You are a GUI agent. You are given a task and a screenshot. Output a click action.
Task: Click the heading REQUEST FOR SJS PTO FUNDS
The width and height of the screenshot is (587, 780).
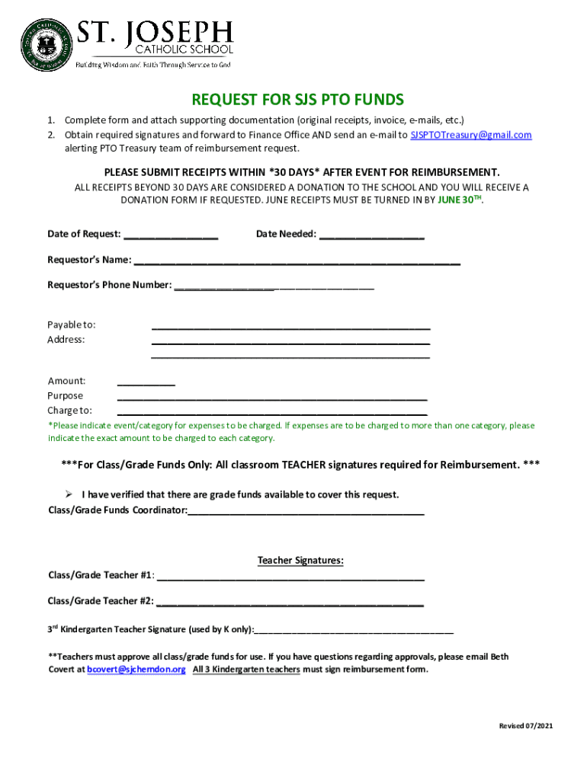coord(297,100)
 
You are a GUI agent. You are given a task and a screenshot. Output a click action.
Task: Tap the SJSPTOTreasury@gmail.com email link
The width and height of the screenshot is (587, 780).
coord(470,135)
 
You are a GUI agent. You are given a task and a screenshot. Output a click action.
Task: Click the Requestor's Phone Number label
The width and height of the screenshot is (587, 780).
coord(110,285)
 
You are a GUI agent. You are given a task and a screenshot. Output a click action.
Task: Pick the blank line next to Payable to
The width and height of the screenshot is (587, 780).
coord(290,327)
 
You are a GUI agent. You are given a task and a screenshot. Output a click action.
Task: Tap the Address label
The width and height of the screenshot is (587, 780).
coord(66,340)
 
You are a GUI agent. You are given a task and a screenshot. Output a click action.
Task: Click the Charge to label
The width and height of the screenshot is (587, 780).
coord(69,411)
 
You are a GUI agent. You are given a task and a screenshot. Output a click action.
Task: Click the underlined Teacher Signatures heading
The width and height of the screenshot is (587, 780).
coord(300,561)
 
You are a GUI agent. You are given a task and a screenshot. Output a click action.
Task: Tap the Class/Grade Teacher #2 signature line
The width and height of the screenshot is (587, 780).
coord(290,603)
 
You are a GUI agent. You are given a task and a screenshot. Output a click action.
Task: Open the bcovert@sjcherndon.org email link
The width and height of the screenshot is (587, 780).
coord(136,670)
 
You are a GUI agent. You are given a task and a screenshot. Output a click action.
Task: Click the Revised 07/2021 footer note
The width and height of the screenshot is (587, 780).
coord(525,726)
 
